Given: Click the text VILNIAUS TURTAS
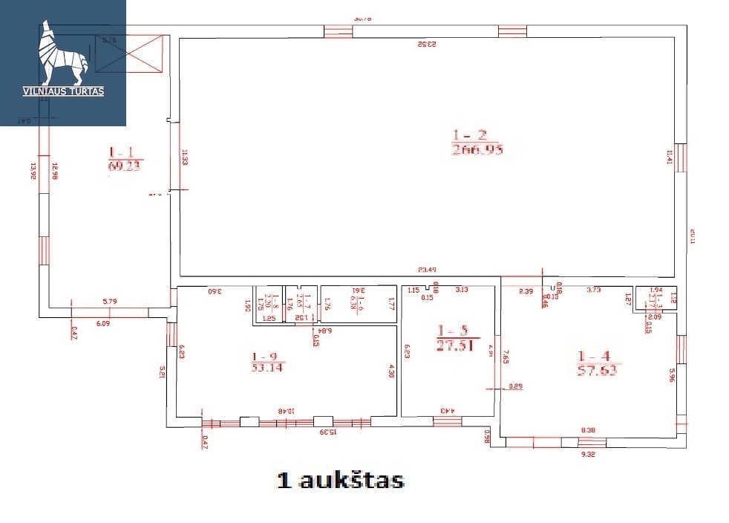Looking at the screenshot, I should pyautogui.click(x=63, y=91).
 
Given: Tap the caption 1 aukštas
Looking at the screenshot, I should pyautogui.click(x=340, y=480).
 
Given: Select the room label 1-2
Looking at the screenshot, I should pyautogui.click(x=469, y=135).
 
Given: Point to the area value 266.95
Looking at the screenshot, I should pyautogui.click(x=477, y=149).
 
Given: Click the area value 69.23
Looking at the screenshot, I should pyautogui.click(x=125, y=166).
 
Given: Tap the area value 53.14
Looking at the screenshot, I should pyautogui.click(x=267, y=366).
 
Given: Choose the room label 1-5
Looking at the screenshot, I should pyautogui.click(x=452, y=331).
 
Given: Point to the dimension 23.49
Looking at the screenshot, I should pyautogui.click(x=428, y=269).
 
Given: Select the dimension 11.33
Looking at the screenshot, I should pyautogui.click(x=183, y=158).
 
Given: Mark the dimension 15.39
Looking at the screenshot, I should pyautogui.click(x=328, y=431).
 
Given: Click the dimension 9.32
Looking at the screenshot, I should pyautogui.click(x=588, y=452).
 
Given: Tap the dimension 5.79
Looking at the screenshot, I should pyautogui.click(x=112, y=301).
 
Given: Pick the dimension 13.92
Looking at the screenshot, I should pyautogui.click(x=33, y=171).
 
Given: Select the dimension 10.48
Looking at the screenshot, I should pyautogui.click(x=286, y=410).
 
